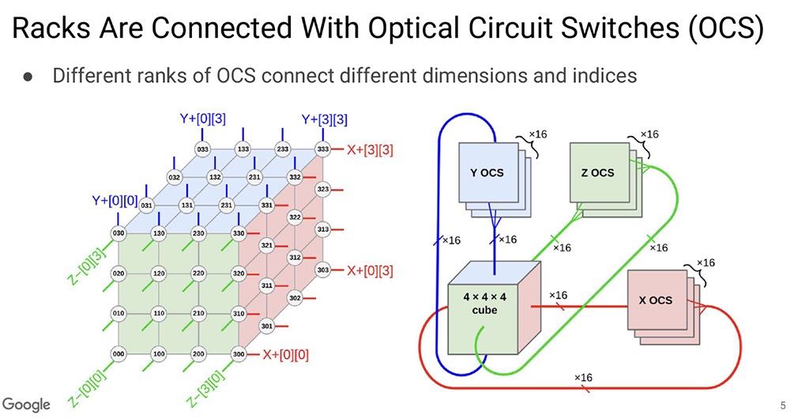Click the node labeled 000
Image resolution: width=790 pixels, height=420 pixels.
(118, 354)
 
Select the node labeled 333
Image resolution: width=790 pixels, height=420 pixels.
(322, 148)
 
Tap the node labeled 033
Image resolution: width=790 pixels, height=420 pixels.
(203, 148)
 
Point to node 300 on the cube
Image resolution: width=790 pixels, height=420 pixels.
(238, 354)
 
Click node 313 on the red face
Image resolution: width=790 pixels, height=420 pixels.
(322, 229)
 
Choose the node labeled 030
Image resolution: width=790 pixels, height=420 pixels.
(118, 233)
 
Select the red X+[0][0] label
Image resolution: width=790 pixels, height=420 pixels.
(285, 354)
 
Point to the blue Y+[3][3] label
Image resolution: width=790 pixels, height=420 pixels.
(325, 120)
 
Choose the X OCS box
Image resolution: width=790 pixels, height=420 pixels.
(655, 301)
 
